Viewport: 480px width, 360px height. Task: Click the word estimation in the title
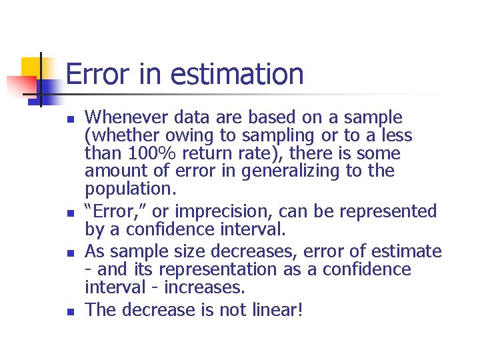(x=237, y=74)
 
